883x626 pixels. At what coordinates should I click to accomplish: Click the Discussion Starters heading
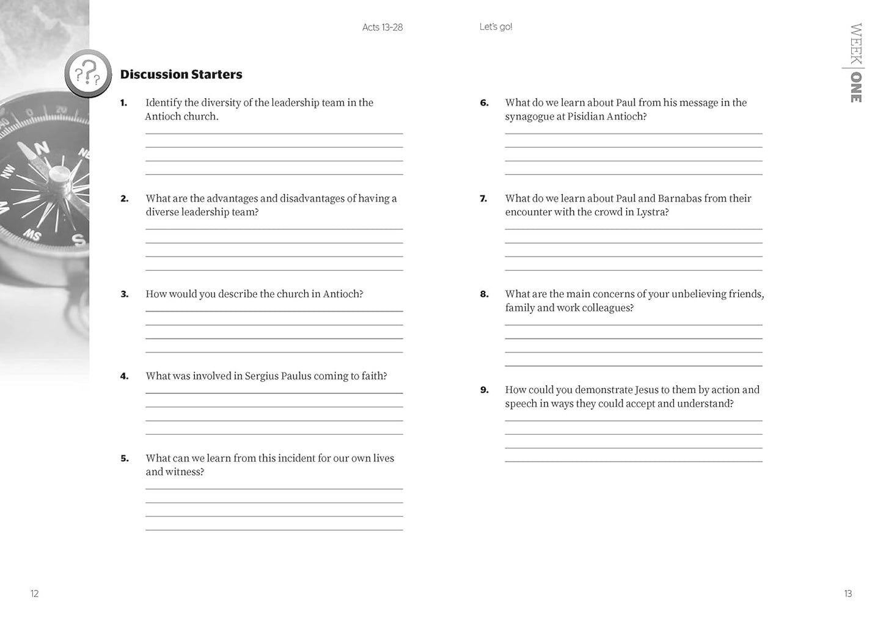tap(181, 75)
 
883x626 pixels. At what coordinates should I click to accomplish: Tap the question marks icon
tap(88, 74)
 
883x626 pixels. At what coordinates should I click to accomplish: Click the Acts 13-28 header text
tap(383, 27)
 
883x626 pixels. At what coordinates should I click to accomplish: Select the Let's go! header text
tap(496, 27)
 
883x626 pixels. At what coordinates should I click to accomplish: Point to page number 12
tap(34, 594)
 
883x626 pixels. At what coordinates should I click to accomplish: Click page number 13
tap(848, 594)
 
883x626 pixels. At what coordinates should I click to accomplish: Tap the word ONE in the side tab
tap(856, 87)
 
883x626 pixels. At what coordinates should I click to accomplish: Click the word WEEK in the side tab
tap(856, 43)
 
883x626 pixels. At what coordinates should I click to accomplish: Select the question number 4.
tap(124, 376)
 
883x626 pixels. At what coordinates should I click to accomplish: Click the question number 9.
tap(484, 390)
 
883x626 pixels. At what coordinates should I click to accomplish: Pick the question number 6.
tap(484, 103)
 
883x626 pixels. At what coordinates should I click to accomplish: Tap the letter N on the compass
tap(41, 148)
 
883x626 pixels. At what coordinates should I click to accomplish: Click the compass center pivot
tap(59, 176)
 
